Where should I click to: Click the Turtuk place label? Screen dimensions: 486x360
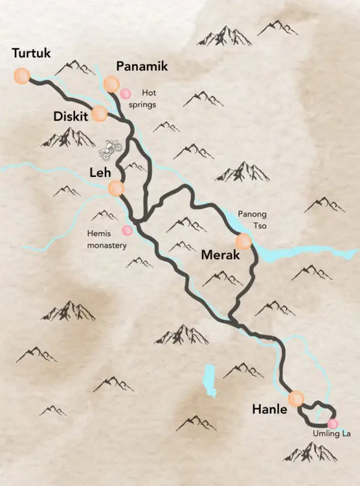tap(31, 54)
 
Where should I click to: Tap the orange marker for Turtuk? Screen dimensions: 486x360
tap(22, 76)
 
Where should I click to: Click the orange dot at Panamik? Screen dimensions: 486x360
tap(111, 84)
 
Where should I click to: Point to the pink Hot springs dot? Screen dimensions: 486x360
tap(125, 94)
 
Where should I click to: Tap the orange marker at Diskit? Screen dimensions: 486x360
tap(100, 113)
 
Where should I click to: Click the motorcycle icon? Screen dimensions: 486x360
tap(110, 150)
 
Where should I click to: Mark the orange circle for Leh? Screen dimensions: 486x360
tap(116, 189)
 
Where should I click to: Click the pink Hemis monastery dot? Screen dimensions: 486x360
tap(127, 230)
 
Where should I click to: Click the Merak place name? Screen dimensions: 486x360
tap(220, 255)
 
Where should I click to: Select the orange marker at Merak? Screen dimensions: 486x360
tap(244, 242)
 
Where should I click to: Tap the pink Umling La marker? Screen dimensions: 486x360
tap(332, 424)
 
